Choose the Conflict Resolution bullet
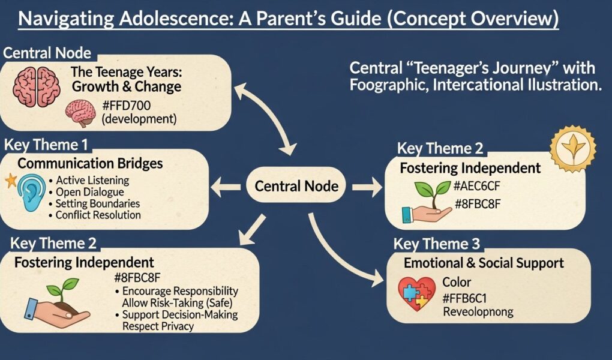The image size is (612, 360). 98,215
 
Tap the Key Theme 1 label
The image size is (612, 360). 46,145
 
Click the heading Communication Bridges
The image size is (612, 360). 90,163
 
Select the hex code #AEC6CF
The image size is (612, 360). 477,187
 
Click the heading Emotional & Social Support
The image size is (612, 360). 484,263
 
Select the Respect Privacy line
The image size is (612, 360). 158,326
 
